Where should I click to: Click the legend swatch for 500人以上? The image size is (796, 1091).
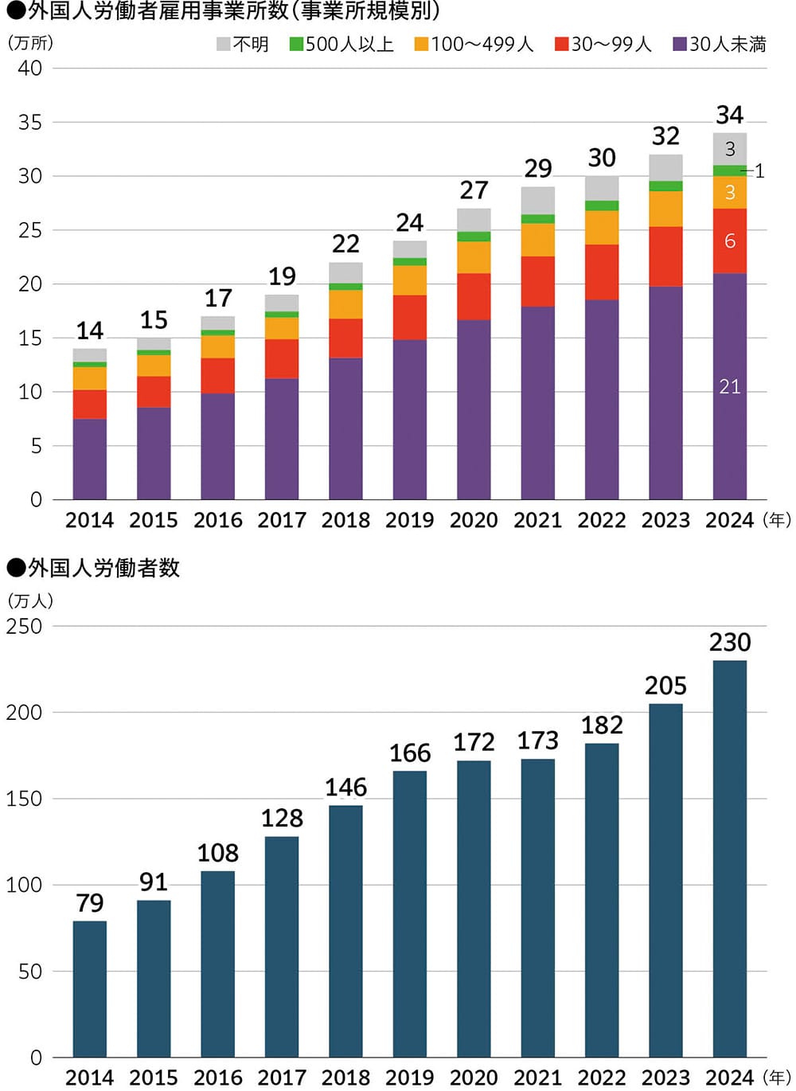(x=296, y=45)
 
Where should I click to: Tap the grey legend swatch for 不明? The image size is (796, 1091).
(x=224, y=45)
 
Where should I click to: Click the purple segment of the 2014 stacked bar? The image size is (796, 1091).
(x=90, y=459)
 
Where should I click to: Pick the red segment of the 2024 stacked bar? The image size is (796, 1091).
(x=729, y=241)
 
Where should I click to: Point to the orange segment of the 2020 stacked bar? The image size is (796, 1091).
(x=474, y=257)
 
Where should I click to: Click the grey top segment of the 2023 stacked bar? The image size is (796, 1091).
(x=665, y=168)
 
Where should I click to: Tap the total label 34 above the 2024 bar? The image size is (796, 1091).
(x=729, y=115)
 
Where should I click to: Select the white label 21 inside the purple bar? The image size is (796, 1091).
(x=729, y=387)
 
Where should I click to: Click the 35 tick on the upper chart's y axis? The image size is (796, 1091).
(x=30, y=123)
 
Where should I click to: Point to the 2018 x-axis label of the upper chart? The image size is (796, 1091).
(x=345, y=520)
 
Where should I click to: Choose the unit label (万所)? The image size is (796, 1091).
(x=30, y=43)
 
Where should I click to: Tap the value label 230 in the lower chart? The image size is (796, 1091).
(x=729, y=643)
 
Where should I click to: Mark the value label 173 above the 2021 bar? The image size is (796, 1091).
(x=537, y=741)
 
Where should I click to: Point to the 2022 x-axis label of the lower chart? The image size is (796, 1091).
(x=601, y=1077)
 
